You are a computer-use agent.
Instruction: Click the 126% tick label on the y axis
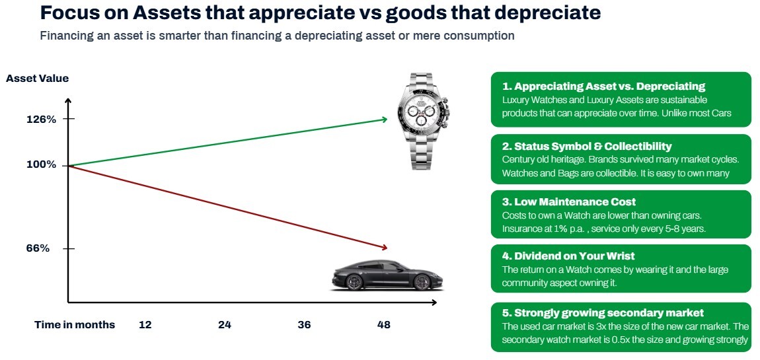tap(41, 119)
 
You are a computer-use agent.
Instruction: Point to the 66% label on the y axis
tap(38, 248)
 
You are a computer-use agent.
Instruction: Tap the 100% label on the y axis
tap(41, 164)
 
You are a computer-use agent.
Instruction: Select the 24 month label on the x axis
tap(225, 324)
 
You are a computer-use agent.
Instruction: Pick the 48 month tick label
tap(383, 324)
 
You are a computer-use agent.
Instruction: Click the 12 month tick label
tap(145, 324)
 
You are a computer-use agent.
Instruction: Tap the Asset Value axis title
tap(37, 79)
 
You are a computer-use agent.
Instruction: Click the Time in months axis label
tap(75, 324)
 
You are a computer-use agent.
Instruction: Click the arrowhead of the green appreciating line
tap(385, 119)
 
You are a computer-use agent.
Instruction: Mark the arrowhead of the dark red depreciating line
tap(385, 248)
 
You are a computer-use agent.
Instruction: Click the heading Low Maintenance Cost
tap(568, 201)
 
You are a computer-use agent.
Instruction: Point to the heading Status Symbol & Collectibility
tap(586, 146)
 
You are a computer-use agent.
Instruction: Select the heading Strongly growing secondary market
tap(603, 312)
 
